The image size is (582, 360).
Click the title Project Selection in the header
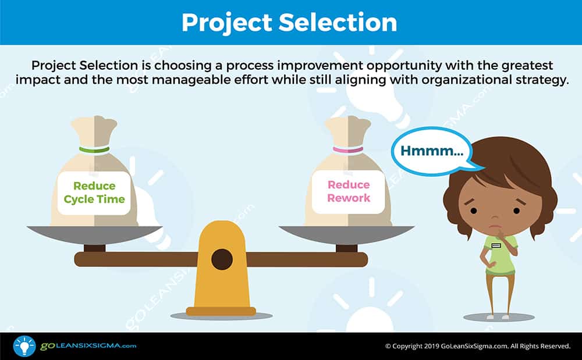289,23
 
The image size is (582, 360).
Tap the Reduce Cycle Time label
94,193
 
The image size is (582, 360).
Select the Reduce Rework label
349,191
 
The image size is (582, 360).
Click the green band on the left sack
94,150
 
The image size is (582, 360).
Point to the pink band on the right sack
348,150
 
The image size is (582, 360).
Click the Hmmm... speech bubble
432,151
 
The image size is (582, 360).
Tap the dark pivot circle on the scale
222,259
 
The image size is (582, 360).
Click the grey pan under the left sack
95,234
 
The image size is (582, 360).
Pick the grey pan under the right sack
347,234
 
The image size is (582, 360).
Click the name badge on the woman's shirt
496,245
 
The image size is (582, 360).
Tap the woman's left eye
516,211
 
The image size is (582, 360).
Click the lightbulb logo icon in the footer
24,346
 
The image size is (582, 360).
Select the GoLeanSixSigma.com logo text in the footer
88,346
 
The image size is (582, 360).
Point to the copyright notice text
478,346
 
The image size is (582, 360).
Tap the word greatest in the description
527,66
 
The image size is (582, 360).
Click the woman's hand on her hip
490,265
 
